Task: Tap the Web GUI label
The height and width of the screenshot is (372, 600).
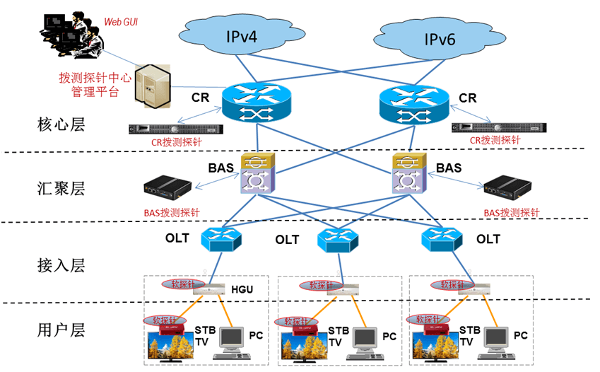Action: click(x=121, y=22)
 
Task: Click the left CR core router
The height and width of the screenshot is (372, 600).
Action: click(x=256, y=102)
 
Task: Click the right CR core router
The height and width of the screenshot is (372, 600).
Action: click(x=413, y=103)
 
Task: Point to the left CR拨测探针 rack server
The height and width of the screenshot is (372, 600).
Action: click(x=175, y=129)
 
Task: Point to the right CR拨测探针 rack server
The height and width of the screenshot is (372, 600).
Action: click(x=498, y=127)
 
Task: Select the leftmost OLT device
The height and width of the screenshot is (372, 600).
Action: click(x=221, y=239)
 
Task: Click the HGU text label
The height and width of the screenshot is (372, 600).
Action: click(x=242, y=289)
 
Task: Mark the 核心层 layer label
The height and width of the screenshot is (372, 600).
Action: click(x=61, y=125)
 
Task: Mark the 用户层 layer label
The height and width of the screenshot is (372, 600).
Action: click(x=61, y=330)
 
